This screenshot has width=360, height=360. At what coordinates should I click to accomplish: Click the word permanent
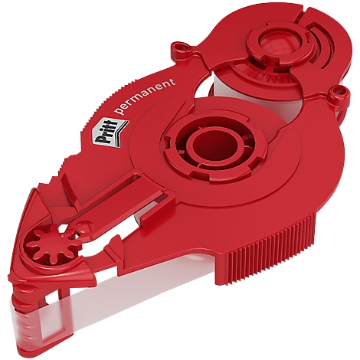(x=145, y=97)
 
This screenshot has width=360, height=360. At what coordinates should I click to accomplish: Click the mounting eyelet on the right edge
(x=338, y=93)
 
